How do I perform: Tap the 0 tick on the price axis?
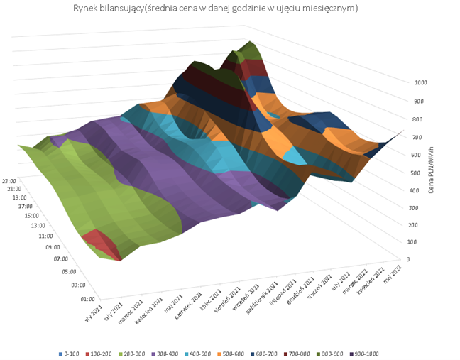pos(406,258)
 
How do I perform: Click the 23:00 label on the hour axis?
pos(11,180)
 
